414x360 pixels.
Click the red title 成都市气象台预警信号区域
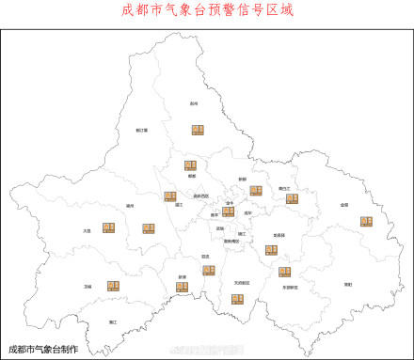(207, 11)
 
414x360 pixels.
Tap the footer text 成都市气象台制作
(42, 349)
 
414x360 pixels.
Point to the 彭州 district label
(194, 104)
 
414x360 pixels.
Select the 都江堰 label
(141, 131)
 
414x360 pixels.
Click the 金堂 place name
(344, 205)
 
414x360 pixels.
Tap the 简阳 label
(347, 283)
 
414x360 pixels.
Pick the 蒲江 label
(113, 322)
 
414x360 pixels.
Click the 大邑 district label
(87, 229)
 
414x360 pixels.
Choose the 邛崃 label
(88, 287)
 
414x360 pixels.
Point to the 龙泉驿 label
(279, 235)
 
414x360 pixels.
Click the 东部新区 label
(290, 288)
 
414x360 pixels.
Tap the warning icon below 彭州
(199, 130)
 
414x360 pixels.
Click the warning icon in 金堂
(366, 222)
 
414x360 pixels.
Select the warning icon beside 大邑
(109, 227)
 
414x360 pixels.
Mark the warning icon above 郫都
(190, 165)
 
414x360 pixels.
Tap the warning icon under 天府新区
(238, 299)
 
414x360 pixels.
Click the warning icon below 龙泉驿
(271, 250)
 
